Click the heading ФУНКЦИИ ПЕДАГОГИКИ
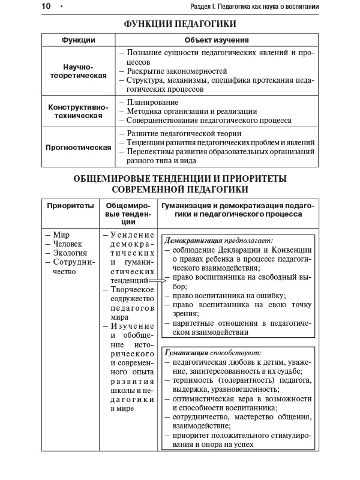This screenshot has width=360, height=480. click(x=180, y=24)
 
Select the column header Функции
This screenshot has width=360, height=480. click(x=79, y=40)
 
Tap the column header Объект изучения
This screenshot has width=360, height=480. click(x=217, y=40)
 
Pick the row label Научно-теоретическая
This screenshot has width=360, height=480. click(x=79, y=71)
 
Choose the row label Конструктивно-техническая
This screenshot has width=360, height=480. click(x=79, y=110)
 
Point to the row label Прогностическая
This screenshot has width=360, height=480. click(x=79, y=147)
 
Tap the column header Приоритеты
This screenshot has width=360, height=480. click(x=71, y=205)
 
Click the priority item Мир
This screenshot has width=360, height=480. click(x=61, y=235)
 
